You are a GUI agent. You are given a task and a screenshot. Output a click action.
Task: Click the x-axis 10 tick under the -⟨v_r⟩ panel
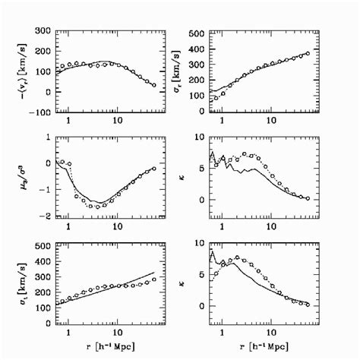pyautogui.click(x=116, y=122)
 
